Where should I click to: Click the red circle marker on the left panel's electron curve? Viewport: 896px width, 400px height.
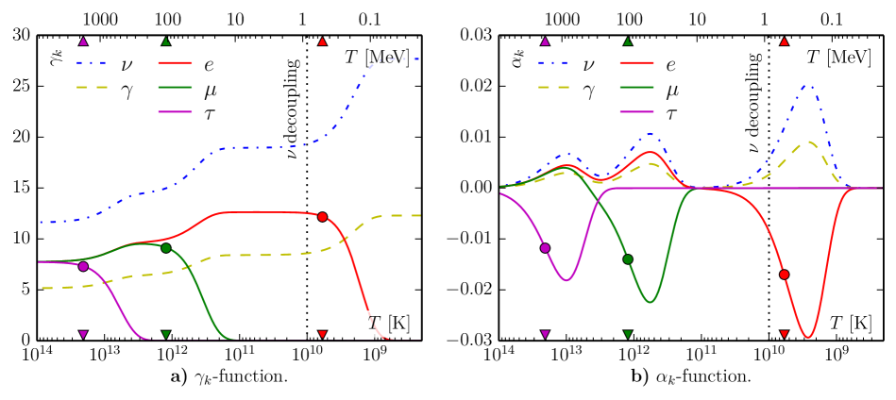tap(323, 217)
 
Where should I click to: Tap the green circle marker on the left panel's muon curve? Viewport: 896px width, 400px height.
tap(166, 248)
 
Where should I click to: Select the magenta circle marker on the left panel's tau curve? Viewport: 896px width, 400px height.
tap(83, 266)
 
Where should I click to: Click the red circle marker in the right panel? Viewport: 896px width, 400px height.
tap(785, 274)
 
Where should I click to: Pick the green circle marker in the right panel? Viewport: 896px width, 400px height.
tap(628, 258)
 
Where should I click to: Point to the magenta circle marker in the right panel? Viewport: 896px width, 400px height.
tap(545, 248)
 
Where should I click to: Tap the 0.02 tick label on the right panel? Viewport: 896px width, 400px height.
tap(475, 87)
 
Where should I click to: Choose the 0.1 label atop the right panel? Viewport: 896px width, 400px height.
tap(832, 18)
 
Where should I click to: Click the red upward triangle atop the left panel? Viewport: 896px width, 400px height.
tap(323, 42)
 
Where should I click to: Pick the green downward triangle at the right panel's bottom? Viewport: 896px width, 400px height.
tap(629, 334)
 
